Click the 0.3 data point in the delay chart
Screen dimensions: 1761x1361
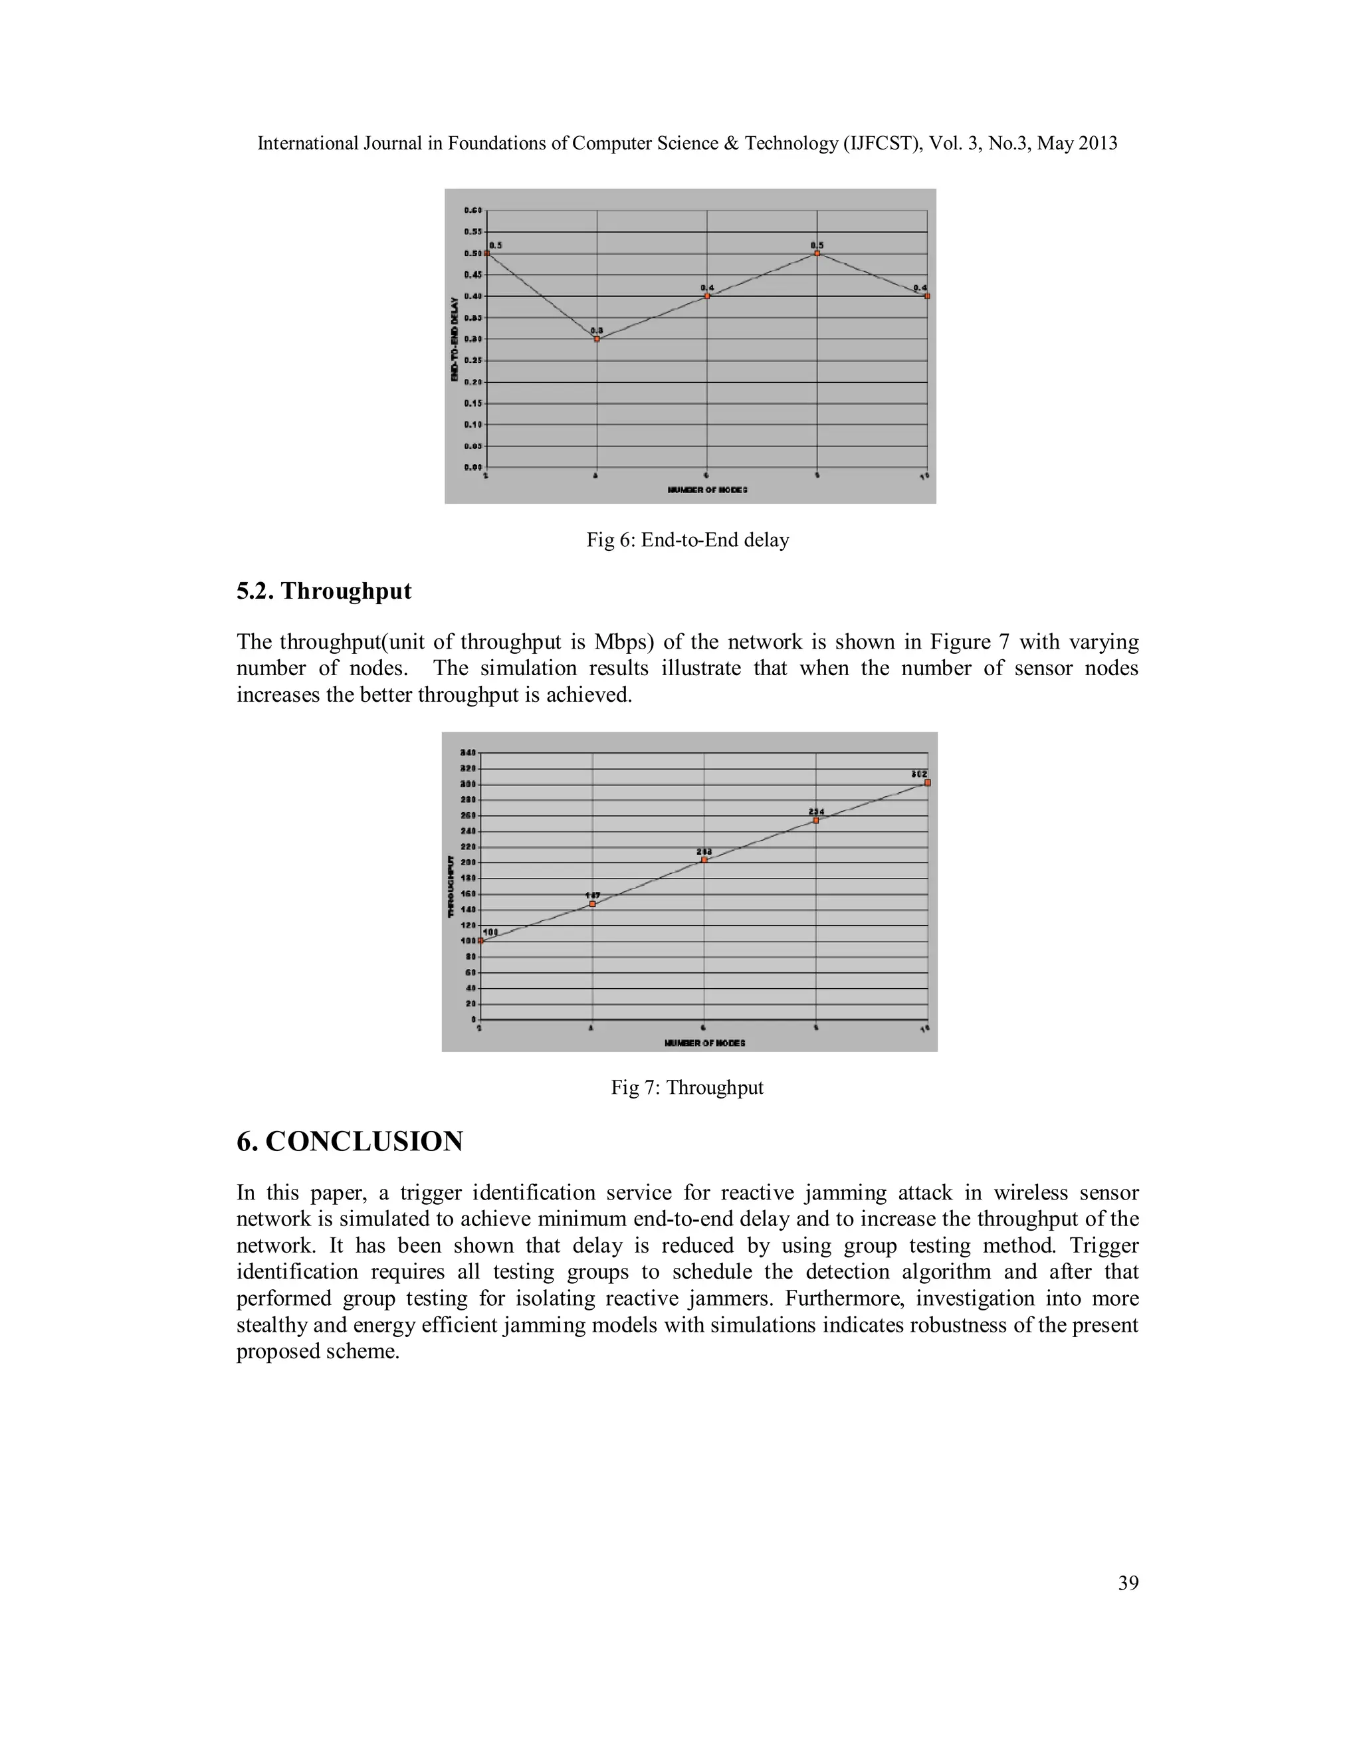[x=597, y=339]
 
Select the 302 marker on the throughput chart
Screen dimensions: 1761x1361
[x=927, y=782]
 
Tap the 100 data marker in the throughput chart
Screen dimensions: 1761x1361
[x=481, y=940]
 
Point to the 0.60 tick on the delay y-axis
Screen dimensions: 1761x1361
[x=472, y=211]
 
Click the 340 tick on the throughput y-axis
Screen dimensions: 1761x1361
[x=468, y=753]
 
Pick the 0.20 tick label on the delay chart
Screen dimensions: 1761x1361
[x=472, y=381]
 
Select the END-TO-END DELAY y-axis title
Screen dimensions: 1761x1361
[x=455, y=339]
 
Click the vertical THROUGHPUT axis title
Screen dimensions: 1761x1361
[x=451, y=885]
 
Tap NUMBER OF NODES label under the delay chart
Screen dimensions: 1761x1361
[x=707, y=490]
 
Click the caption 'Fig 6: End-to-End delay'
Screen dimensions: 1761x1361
[x=687, y=540]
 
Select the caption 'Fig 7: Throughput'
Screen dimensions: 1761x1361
[x=687, y=1088]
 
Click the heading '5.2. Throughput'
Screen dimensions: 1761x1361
[x=324, y=591]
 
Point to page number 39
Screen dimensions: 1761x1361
[x=1128, y=1584]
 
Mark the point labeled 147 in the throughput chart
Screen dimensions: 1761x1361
[x=593, y=904]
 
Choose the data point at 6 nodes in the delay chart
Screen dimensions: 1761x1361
[x=707, y=296]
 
